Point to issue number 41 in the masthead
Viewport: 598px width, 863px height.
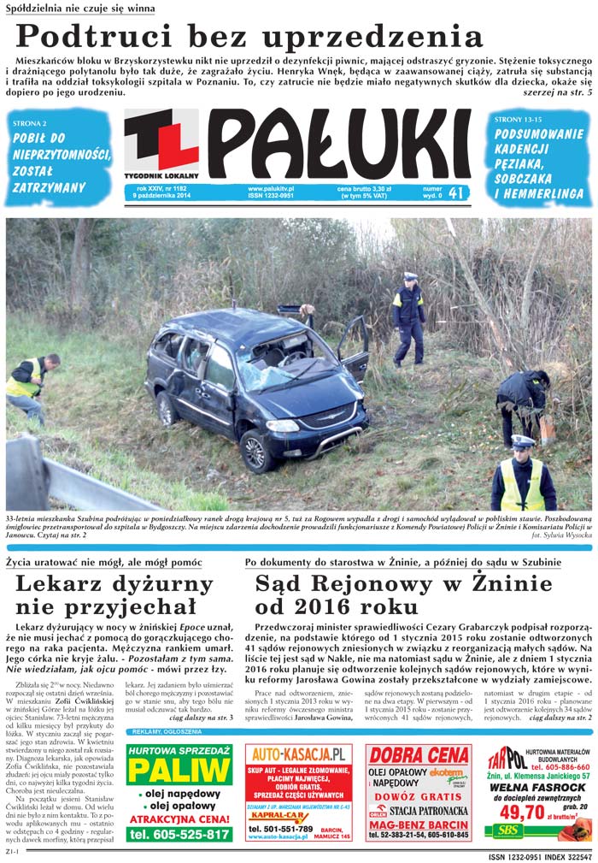456,193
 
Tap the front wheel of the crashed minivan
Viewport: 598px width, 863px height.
255,450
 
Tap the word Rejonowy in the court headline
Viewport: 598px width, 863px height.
391,585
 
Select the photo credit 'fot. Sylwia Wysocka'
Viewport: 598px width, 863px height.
561,535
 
